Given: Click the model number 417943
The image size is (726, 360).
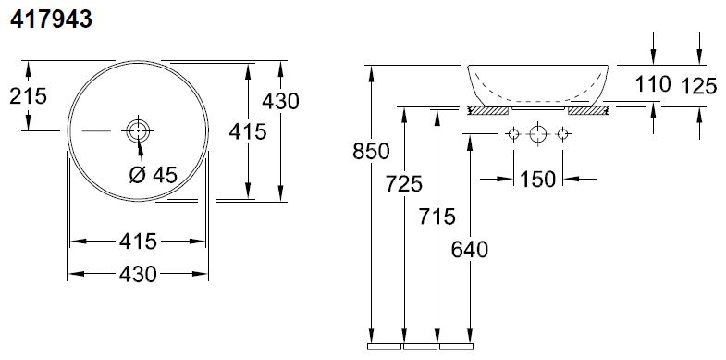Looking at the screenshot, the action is click(x=52, y=20).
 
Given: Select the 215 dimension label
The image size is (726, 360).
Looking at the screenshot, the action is click(x=29, y=96).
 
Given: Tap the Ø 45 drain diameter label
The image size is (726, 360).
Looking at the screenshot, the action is click(x=154, y=175).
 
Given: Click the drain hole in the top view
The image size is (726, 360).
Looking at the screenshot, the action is click(x=139, y=131).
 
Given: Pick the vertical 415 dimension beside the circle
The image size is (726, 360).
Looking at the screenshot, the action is click(x=248, y=131).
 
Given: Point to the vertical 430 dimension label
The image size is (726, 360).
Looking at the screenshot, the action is click(x=280, y=101).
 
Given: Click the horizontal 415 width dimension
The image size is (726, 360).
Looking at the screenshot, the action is click(x=138, y=242).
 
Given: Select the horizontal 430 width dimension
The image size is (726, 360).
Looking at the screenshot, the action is click(x=138, y=274).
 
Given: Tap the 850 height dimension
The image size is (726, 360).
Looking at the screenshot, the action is click(x=371, y=151).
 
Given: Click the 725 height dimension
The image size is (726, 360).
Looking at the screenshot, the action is click(x=404, y=184).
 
